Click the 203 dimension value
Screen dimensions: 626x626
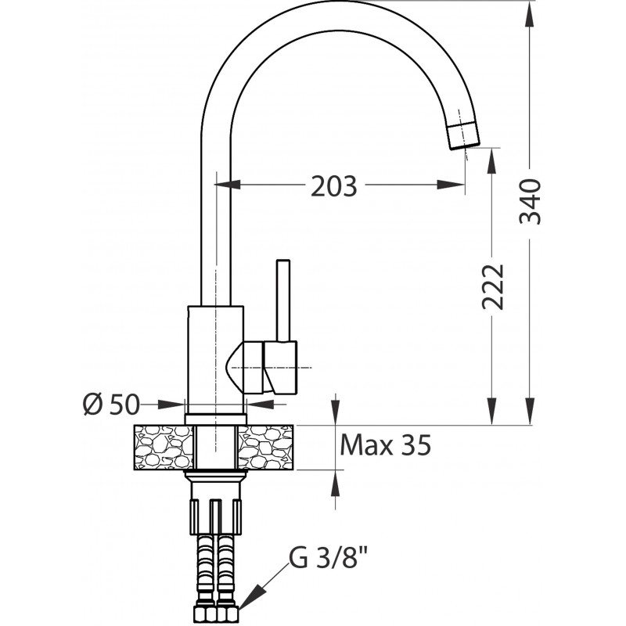pyautogui.click(x=334, y=186)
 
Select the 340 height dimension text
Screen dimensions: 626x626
pyautogui.click(x=531, y=202)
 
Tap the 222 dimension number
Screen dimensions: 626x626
pyautogui.click(x=493, y=286)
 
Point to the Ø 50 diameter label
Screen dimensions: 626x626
pyautogui.click(x=111, y=404)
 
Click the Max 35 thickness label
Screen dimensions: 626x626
pyautogui.click(x=386, y=445)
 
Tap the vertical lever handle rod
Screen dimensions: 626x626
pyautogui.click(x=283, y=301)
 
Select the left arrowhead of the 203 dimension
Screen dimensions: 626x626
pyautogui.click(x=228, y=185)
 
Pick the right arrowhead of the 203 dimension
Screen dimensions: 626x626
pyautogui.click(x=452, y=185)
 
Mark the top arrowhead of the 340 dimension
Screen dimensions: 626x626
pyautogui.click(x=530, y=14)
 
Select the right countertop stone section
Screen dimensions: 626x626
pyautogui.click(x=266, y=447)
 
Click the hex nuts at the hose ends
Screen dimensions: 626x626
pyautogui.click(x=216, y=614)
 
